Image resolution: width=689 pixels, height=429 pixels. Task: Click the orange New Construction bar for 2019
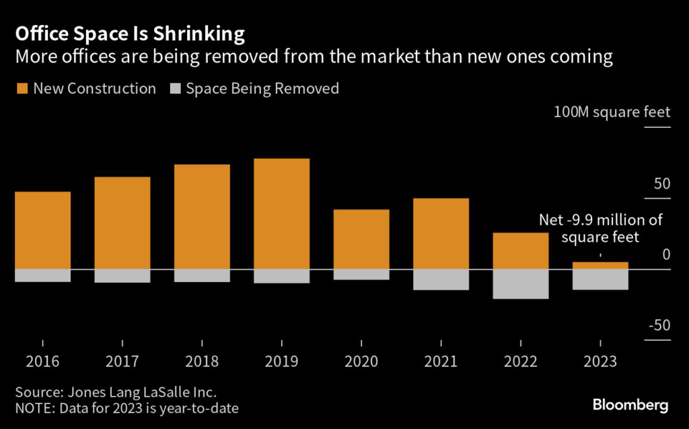coord(281,213)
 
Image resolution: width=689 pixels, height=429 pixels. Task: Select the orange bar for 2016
coord(42,230)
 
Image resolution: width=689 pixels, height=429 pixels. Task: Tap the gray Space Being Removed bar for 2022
coord(520,284)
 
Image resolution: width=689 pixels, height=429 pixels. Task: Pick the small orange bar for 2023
coord(600,265)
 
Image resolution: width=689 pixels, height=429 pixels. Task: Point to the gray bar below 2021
coord(441,279)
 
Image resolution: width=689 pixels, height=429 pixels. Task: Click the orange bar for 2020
coord(361,239)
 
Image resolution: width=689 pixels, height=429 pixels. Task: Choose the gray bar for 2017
coord(122,275)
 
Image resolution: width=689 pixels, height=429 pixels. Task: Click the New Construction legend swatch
coord(22,88)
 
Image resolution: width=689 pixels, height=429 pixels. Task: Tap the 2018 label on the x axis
coord(202,362)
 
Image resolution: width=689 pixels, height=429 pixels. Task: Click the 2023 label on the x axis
coord(600,362)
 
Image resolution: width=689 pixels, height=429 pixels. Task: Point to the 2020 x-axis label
coord(361,362)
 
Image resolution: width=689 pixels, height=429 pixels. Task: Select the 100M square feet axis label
coord(612,112)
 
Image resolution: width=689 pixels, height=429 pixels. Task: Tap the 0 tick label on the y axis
coord(666,255)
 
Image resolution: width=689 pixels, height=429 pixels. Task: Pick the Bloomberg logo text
coord(630,405)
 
